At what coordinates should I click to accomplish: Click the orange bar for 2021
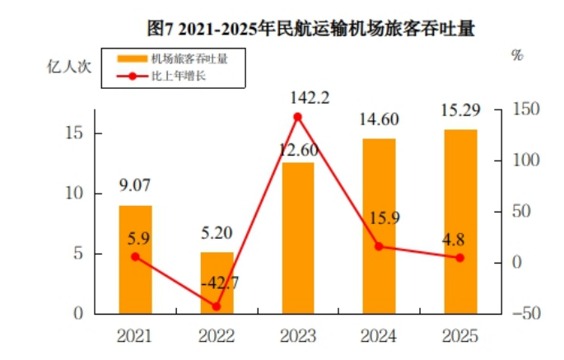click(x=135, y=259)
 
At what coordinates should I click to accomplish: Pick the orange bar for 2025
click(x=460, y=222)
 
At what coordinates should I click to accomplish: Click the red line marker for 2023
click(x=298, y=117)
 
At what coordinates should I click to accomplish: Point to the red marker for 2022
click(x=217, y=306)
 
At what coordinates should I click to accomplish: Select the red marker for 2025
click(x=460, y=257)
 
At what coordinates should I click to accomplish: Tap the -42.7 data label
click(x=219, y=283)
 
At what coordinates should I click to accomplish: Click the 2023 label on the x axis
click(x=297, y=336)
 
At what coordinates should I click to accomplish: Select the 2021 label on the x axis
click(x=134, y=336)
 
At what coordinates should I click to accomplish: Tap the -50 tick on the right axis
click(x=524, y=314)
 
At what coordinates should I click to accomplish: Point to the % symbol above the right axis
click(x=517, y=55)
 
